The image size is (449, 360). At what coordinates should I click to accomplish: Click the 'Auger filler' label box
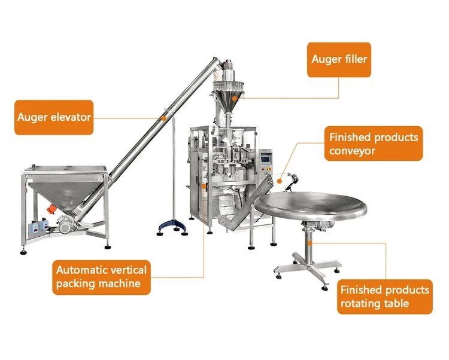tap(339, 60)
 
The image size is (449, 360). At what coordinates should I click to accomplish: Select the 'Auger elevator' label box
tap(54, 117)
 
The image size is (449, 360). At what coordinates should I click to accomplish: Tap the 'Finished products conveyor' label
tap(374, 144)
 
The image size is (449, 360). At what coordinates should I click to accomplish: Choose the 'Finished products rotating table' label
tap(384, 297)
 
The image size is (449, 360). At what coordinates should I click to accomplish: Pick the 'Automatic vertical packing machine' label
tap(101, 277)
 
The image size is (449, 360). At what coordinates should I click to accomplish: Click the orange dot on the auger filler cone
tap(235, 98)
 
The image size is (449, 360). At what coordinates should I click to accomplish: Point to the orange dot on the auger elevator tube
tap(164, 118)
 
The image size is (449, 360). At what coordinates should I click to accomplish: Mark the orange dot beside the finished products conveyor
tap(280, 181)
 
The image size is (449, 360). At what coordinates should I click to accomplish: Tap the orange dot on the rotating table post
tap(310, 243)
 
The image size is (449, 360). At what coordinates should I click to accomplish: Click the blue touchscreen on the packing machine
tap(266, 157)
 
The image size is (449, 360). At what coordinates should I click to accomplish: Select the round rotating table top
tap(310, 205)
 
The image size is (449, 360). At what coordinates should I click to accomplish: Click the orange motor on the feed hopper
tap(51, 209)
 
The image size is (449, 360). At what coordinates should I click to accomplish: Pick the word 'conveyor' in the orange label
tap(352, 151)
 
